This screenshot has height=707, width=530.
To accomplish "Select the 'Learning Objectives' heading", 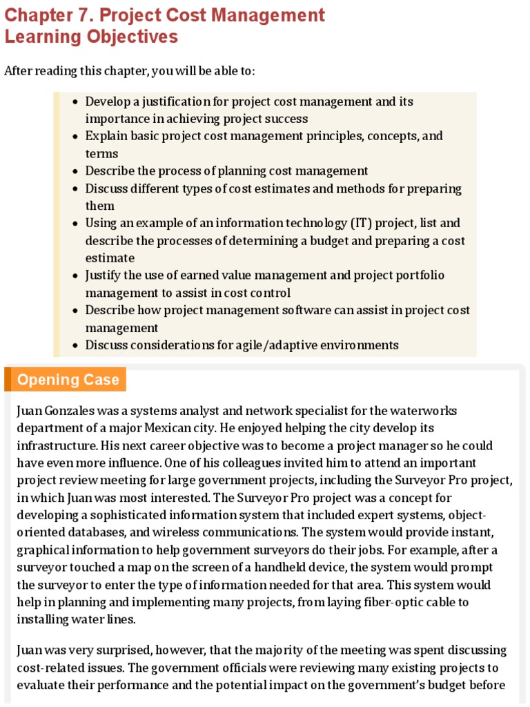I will [x=91, y=37].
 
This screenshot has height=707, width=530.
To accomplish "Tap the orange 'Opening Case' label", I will [x=68, y=380].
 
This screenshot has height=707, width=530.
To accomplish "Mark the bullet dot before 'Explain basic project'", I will [x=75, y=137].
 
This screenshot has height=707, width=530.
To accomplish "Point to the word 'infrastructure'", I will [x=52, y=445].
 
